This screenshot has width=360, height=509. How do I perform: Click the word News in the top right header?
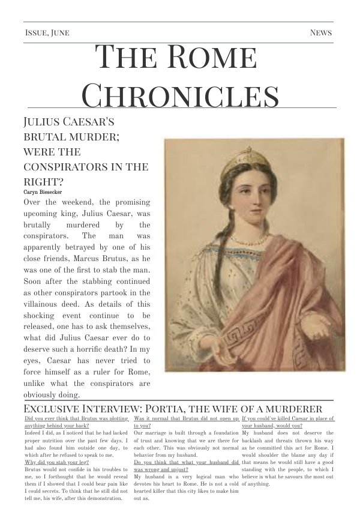(x=320, y=32)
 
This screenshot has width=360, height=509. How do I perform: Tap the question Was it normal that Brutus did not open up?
(x=186, y=418)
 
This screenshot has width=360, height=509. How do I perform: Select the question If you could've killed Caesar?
(x=287, y=418)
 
